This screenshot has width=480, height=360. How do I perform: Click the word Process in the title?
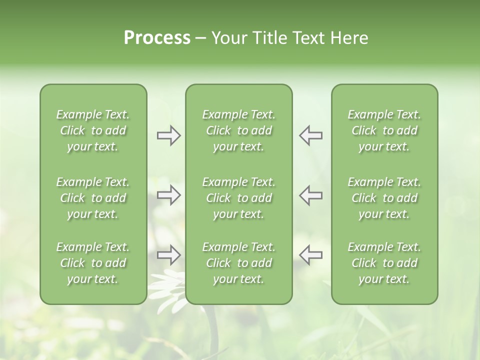[157, 38]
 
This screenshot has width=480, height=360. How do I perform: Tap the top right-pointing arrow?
[168, 135]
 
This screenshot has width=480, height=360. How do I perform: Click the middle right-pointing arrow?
[168, 195]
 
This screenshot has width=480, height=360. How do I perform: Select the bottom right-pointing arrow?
[168, 255]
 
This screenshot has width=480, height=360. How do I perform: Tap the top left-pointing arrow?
[311, 135]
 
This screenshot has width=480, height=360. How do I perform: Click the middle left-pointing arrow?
[311, 195]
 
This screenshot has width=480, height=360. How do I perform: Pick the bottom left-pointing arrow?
[311, 255]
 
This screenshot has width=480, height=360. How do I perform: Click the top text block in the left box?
[93, 130]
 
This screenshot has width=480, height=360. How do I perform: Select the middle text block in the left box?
[93, 198]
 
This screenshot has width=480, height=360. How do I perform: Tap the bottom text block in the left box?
[93, 263]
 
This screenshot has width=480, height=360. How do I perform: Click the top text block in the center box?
[238, 130]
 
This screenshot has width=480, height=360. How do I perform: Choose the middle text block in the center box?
[238, 198]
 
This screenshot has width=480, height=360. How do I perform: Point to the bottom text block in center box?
[238, 263]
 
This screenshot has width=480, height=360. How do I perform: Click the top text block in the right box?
[384, 130]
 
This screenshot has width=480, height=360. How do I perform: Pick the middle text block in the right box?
[384, 198]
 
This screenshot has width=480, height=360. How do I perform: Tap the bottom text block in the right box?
[384, 263]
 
